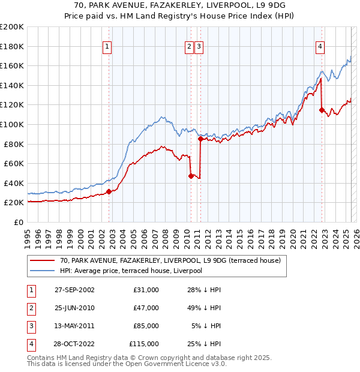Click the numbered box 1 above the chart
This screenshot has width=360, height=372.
107,47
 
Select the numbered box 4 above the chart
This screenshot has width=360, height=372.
320,47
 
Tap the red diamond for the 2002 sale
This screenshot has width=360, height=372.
109,191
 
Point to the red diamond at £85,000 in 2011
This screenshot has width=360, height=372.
200,139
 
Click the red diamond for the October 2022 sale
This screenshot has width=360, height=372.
322,110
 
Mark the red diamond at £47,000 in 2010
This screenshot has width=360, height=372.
191,176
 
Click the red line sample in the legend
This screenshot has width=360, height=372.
42,260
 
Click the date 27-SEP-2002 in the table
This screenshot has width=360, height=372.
74,290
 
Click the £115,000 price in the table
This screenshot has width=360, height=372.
144,344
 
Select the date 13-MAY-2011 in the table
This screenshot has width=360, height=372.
74,326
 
